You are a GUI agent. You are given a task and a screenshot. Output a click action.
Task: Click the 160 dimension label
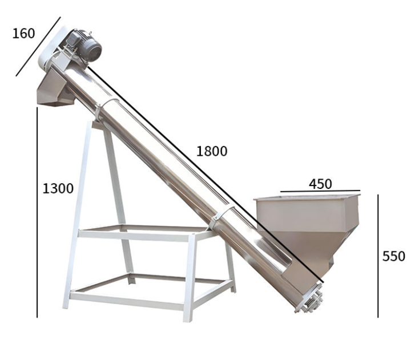click(23, 34)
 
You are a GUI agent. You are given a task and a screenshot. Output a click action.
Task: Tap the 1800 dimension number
click(212, 151)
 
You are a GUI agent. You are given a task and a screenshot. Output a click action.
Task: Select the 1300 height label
click(58, 189)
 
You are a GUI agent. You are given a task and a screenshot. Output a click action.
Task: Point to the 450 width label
click(320, 184)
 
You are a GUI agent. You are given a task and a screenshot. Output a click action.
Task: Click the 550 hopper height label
click(394, 256)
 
